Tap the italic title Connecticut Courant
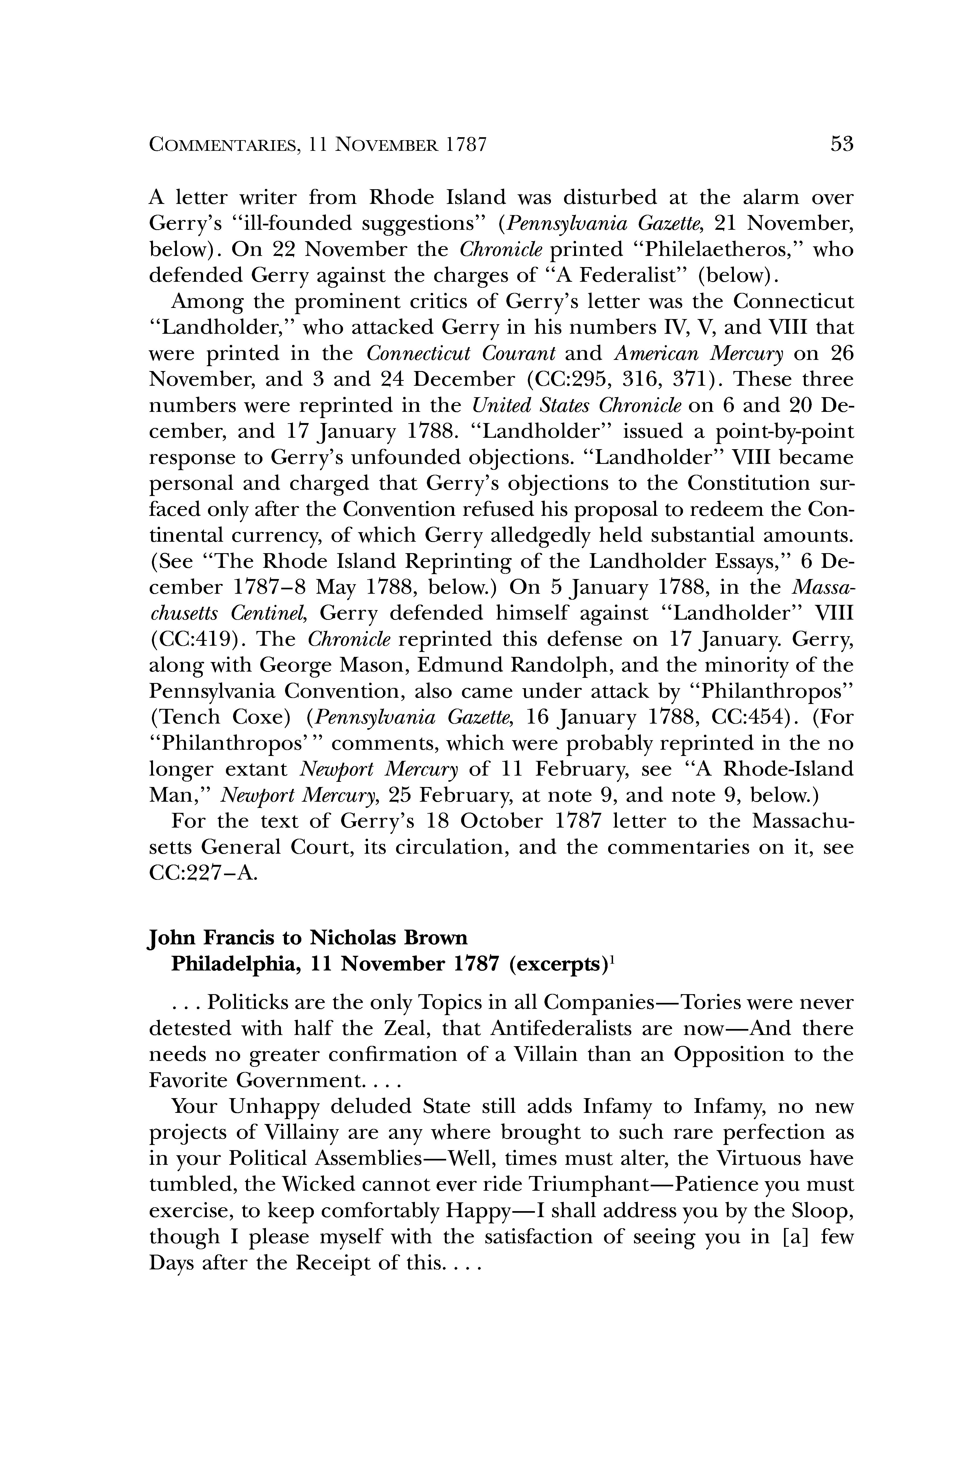(461, 354)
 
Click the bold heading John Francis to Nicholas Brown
(308, 938)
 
